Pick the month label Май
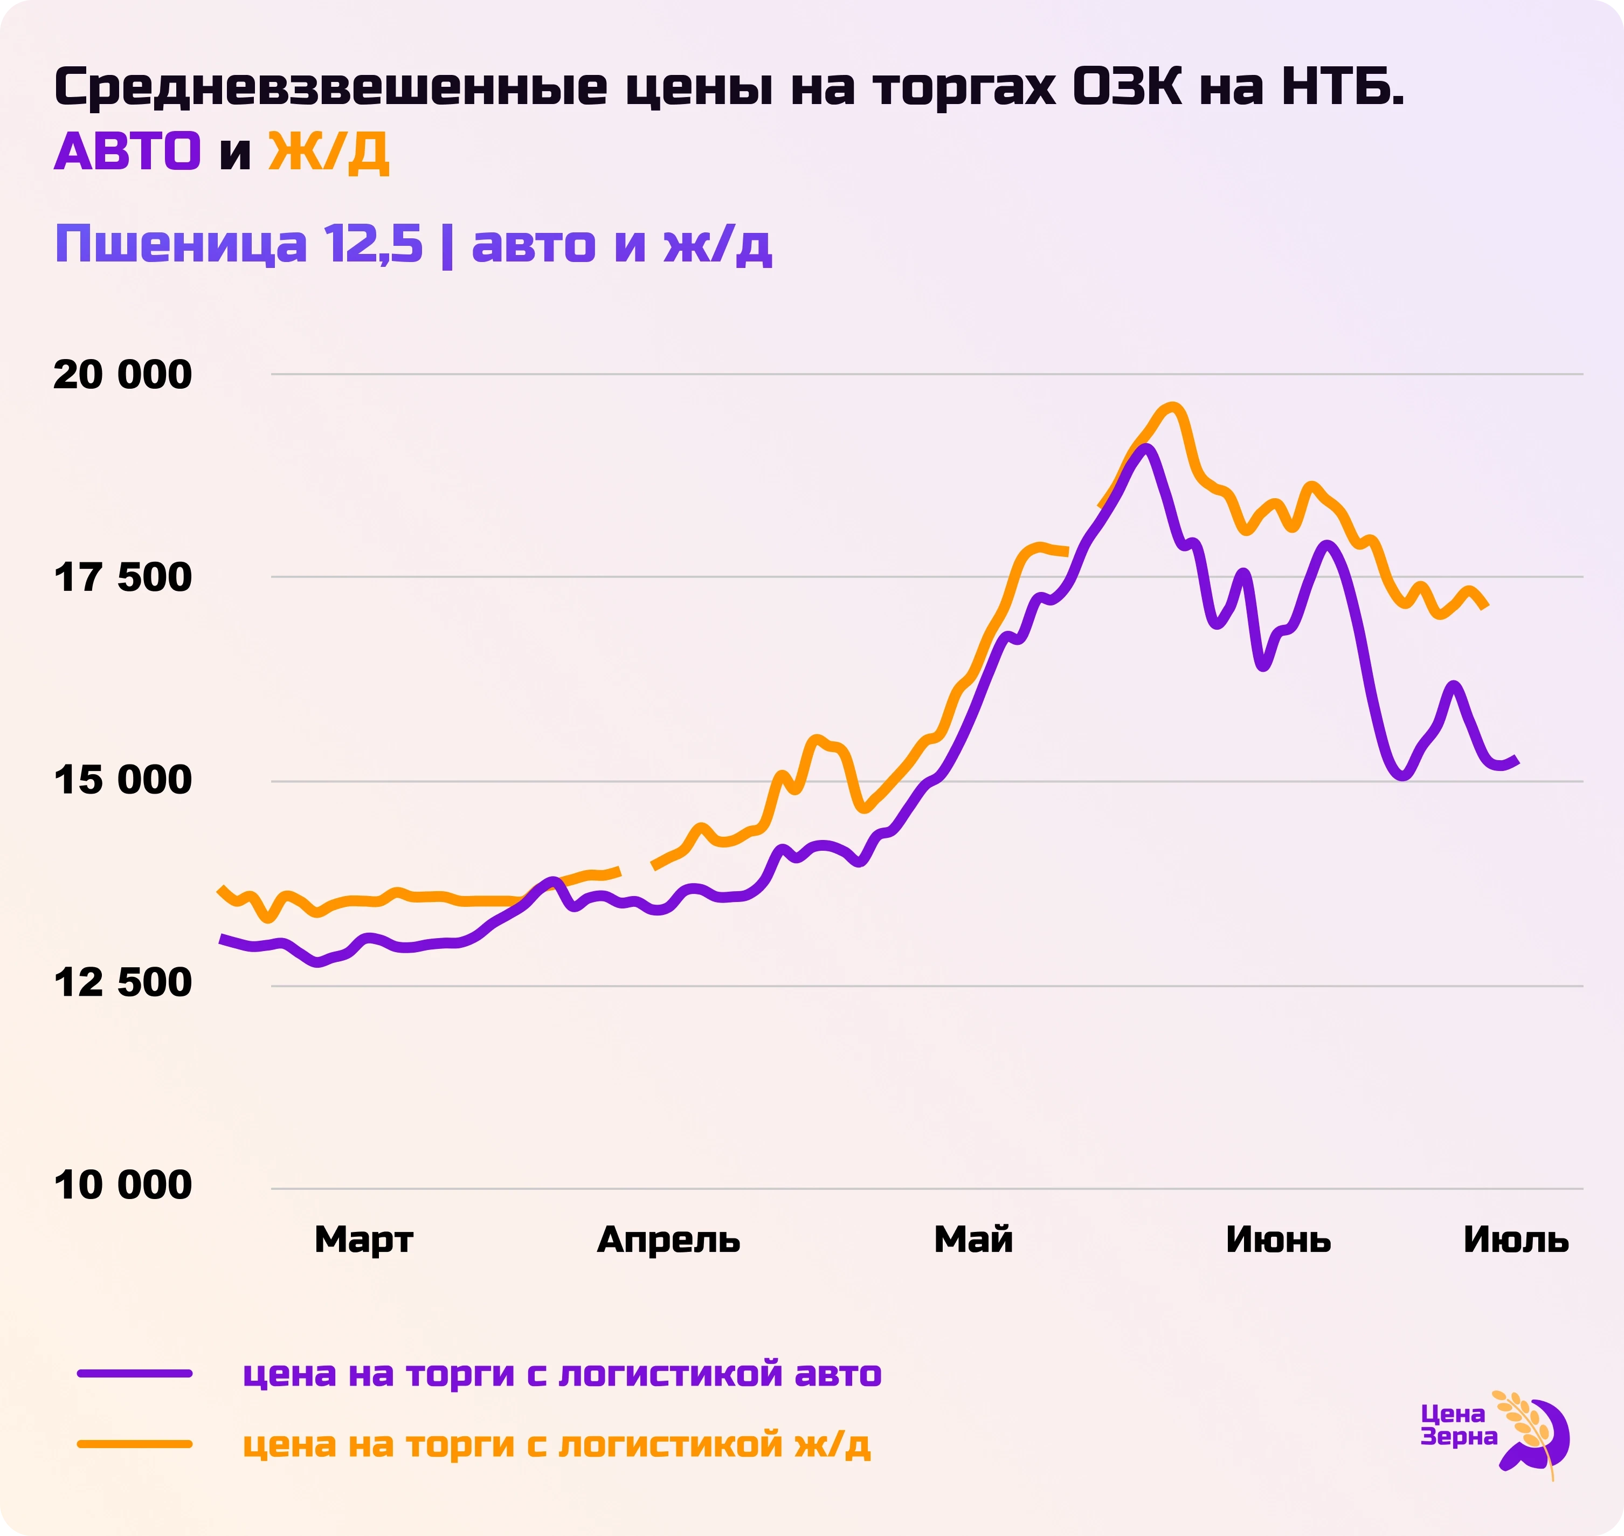point(973,1239)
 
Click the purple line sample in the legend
point(135,1373)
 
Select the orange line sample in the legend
point(135,1443)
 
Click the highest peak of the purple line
point(1147,449)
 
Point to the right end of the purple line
point(1516,761)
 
